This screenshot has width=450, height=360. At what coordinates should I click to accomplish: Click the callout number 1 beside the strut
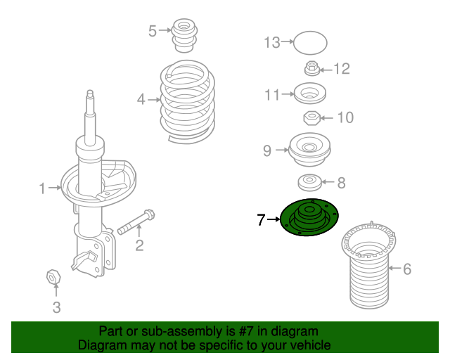(x=41, y=188)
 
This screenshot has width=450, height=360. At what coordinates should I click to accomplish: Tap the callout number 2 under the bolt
(x=139, y=245)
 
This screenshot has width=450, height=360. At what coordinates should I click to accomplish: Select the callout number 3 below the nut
(x=57, y=307)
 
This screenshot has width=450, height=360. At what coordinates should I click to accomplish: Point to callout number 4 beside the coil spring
(x=141, y=100)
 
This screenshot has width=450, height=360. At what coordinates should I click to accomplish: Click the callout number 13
(x=272, y=43)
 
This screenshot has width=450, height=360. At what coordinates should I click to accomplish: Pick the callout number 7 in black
(x=261, y=221)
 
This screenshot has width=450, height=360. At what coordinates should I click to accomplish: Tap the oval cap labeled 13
(x=309, y=43)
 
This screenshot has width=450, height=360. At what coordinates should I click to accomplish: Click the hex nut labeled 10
(x=312, y=117)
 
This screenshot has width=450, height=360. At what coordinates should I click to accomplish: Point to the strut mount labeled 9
(x=310, y=149)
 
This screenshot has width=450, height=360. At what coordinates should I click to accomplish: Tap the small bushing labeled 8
(x=310, y=183)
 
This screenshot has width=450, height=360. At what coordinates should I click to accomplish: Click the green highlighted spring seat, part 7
(x=309, y=218)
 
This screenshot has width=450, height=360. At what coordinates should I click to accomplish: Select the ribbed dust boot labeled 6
(x=370, y=271)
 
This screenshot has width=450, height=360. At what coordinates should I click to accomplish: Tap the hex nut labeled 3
(x=53, y=276)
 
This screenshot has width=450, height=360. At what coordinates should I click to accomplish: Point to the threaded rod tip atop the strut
(x=90, y=96)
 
